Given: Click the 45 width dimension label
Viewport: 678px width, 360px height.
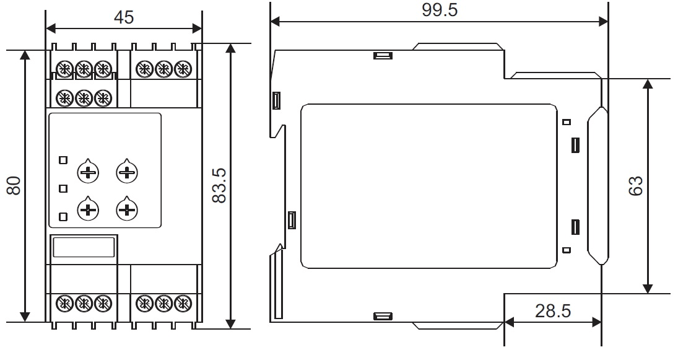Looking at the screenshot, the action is pyautogui.click(x=124, y=17).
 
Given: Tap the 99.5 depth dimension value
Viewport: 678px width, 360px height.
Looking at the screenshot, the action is pyautogui.click(x=440, y=10).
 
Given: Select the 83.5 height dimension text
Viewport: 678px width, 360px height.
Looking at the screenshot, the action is pyautogui.click(x=220, y=186).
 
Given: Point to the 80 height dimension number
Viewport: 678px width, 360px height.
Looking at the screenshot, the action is pyautogui.click(x=14, y=186).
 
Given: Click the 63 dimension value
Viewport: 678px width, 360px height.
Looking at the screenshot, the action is pyautogui.click(x=636, y=186).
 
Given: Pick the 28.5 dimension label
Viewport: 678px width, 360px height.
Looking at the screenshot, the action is pyautogui.click(x=552, y=311).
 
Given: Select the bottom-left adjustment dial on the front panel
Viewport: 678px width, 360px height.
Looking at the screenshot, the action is pyautogui.click(x=88, y=210).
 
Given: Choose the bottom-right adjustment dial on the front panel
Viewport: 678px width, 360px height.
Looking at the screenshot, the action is pyautogui.click(x=127, y=210).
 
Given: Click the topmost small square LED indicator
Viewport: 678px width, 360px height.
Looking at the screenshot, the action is pyautogui.click(x=63, y=160).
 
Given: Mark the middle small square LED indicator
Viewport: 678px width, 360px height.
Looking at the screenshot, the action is pyautogui.click(x=63, y=188).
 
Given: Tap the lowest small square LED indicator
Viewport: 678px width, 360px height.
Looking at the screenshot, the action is pyautogui.click(x=63, y=217).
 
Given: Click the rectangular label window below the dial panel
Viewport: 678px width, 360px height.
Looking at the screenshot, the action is pyautogui.click(x=84, y=247).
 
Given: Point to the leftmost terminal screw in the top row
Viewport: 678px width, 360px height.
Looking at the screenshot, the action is pyautogui.click(x=64, y=69).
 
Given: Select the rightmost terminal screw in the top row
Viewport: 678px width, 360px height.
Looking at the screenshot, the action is pyautogui.click(x=183, y=69).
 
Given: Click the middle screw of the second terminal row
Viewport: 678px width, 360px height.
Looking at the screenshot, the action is pyautogui.click(x=84, y=98).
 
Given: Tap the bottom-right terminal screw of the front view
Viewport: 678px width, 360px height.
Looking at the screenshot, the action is pyautogui.click(x=183, y=304).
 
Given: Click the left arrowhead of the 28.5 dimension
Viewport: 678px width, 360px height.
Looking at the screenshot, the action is pyautogui.click(x=509, y=322).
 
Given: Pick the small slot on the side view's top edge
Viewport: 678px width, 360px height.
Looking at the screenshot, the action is pyautogui.click(x=383, y=56).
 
